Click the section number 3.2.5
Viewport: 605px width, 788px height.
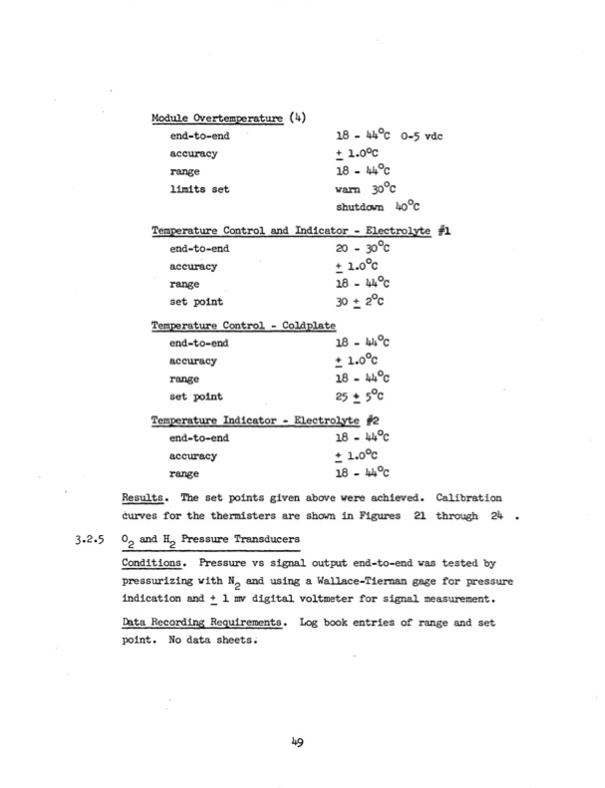(x=92, y=540)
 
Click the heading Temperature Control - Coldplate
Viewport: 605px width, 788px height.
(x=243, y=326)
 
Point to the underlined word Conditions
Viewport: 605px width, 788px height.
(x=156, y=562)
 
